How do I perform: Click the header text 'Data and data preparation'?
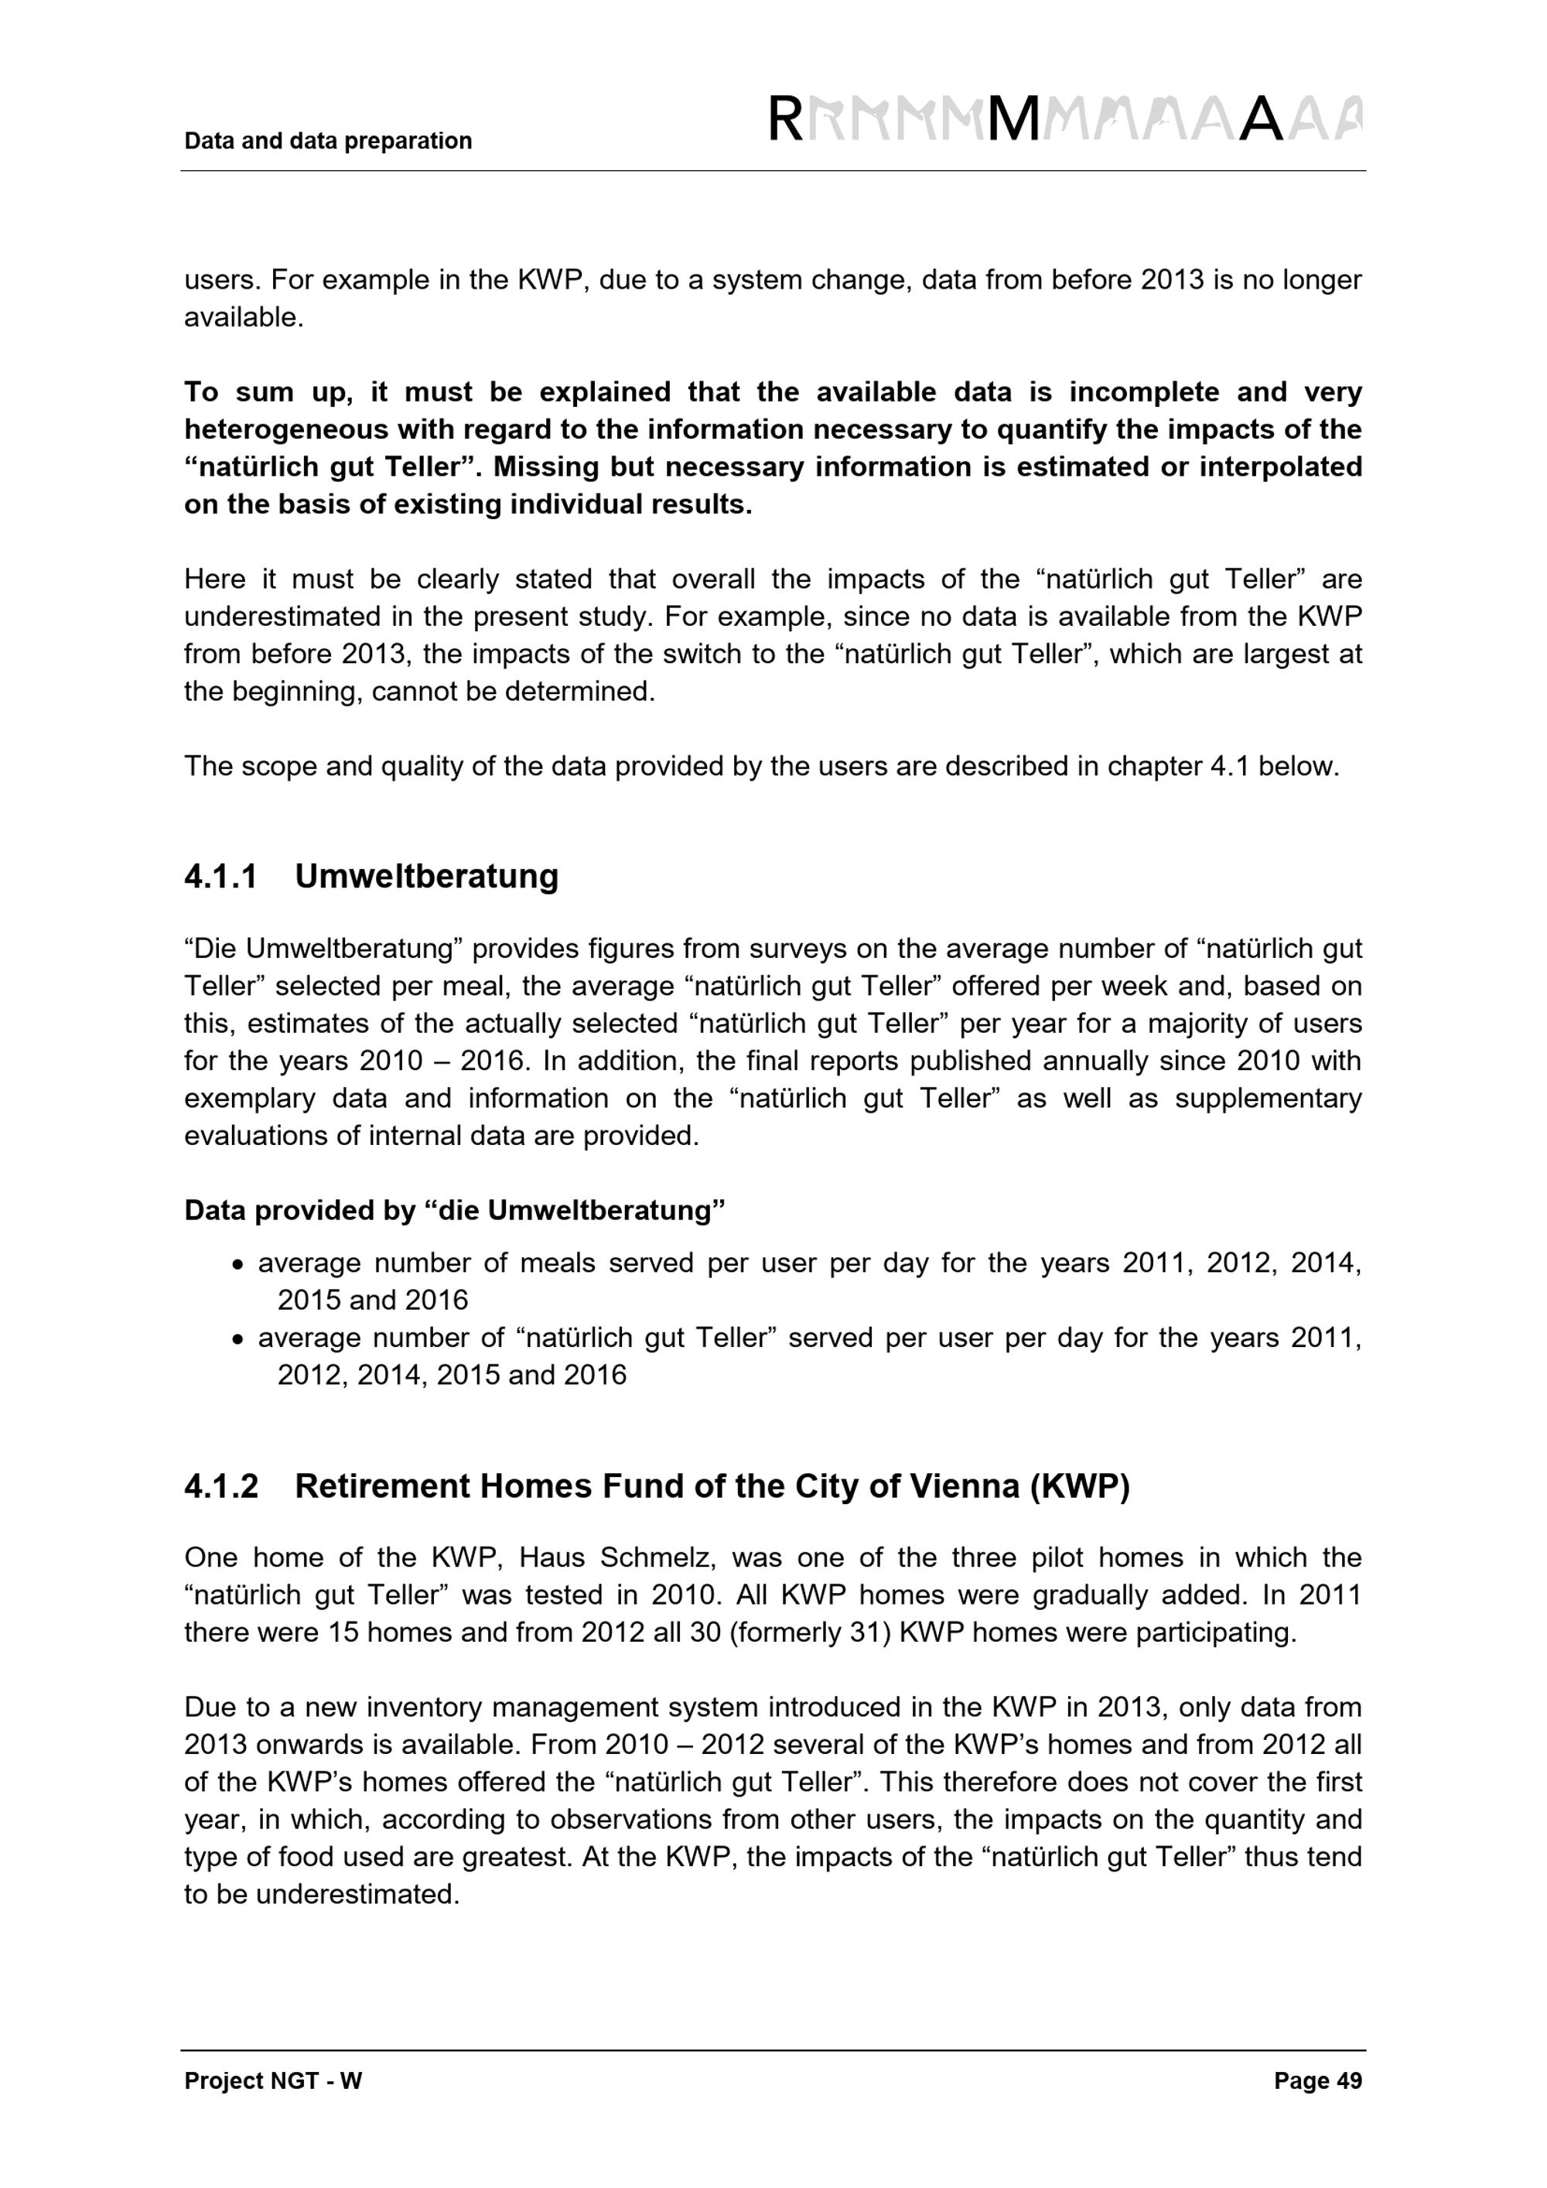[328, 141]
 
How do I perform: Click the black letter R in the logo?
[785, 120]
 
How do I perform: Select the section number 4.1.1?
[221, 876]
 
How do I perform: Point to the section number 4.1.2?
[221, 1485]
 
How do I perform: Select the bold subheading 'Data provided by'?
[298, 1210]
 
